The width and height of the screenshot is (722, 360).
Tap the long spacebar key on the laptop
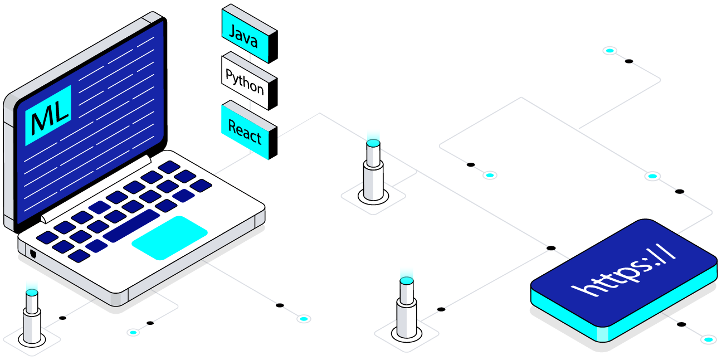131,226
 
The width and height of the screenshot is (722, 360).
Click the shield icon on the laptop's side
33,254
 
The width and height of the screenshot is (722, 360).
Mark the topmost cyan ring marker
610,51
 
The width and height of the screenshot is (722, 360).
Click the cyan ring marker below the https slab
709,339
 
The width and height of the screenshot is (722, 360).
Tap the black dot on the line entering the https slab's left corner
551,247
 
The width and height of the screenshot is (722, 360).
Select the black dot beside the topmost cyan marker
628,61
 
